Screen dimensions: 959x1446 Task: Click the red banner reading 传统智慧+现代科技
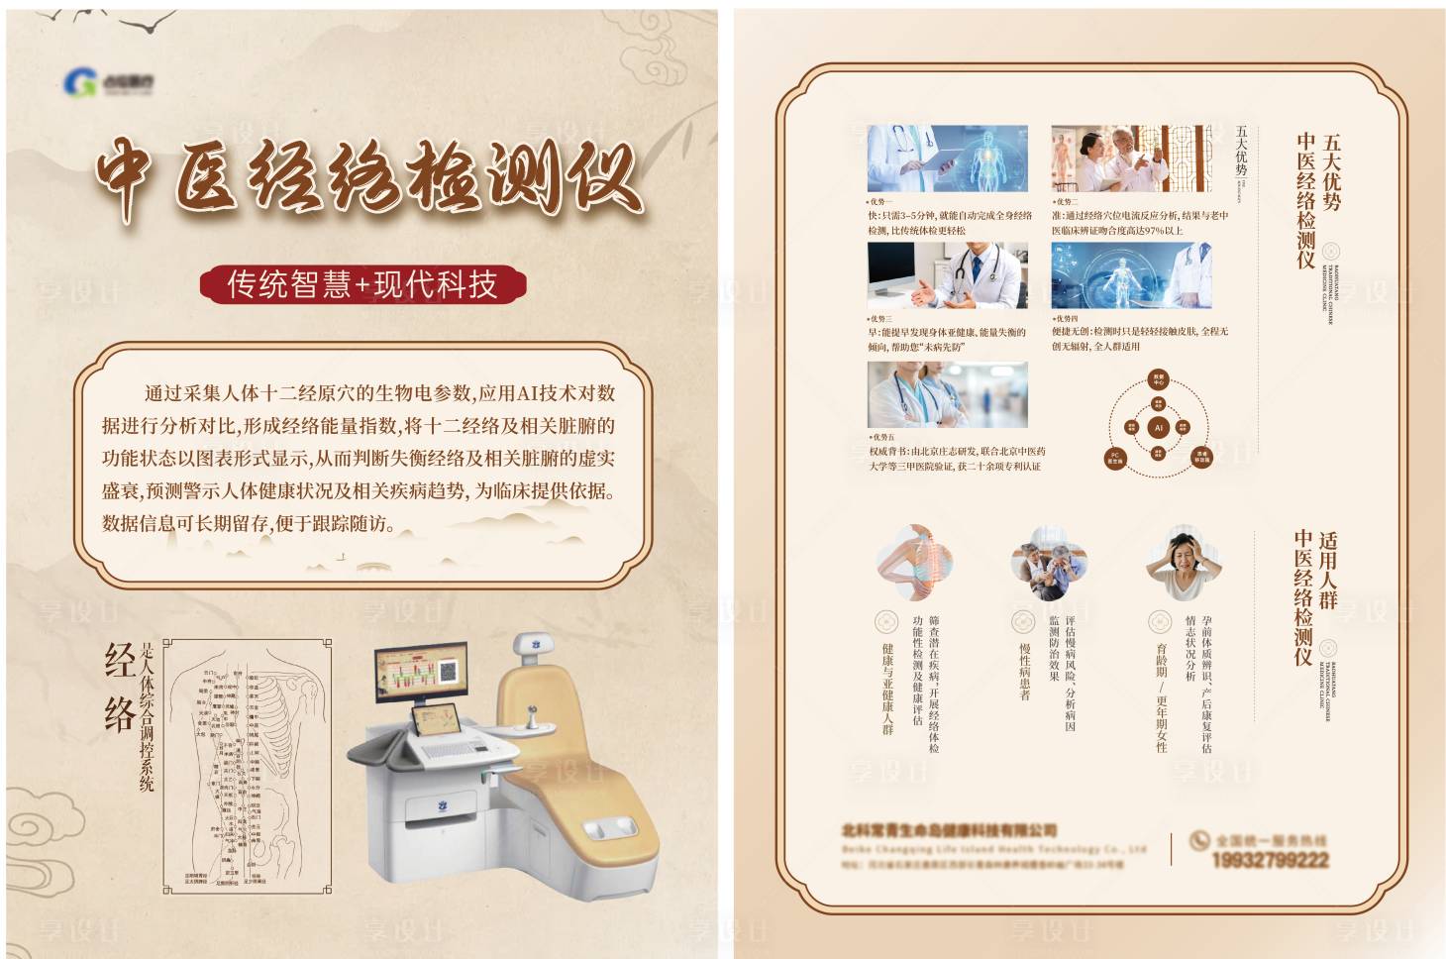(362, 284)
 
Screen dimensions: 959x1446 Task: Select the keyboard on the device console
(452, 751)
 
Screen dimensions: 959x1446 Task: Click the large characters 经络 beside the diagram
(120, 688)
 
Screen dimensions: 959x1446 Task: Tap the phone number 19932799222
(1269, 860)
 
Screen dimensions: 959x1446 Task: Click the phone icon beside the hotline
(1199, 841)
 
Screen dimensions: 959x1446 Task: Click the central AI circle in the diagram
(1158, 428)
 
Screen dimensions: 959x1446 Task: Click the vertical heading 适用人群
(1328, 571)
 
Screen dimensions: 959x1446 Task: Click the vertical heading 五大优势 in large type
(1331, 173)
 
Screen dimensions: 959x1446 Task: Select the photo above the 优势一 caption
(947, 159)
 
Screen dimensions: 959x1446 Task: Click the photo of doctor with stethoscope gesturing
(947, 275)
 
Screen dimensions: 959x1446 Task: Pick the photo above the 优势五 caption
(947, 394)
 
